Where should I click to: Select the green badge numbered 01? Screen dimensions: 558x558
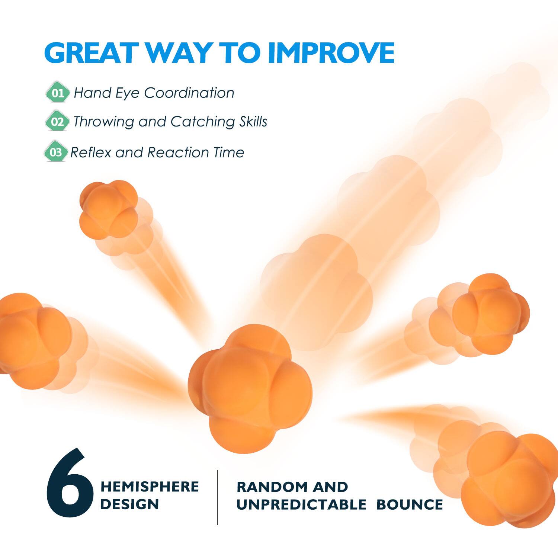point(58,92)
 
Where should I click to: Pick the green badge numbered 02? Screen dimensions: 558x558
point(57,121)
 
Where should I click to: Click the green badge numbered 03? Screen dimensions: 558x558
point(56,152)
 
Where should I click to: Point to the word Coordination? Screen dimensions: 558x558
point(189,93)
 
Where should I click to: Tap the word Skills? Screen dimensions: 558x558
point(253,122)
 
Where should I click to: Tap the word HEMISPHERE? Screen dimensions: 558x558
point(150,487)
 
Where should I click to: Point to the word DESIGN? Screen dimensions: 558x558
point(129,504)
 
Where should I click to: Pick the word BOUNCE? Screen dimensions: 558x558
point(410,505)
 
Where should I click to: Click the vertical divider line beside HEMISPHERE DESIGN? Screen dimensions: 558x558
point(218,497)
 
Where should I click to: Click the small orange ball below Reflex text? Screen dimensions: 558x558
point(108,208)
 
